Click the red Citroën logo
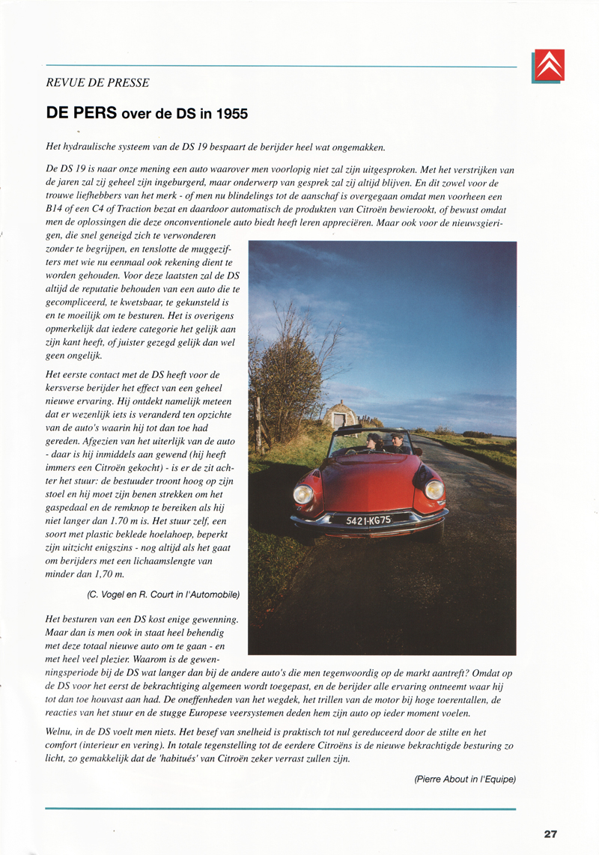tap(549, 65)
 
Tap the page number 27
tap(550, 833)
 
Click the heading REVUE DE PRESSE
tap(97, 83)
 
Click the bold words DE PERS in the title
tap(82, 114)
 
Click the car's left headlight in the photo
tap(303, 494)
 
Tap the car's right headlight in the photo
tap(434, 490)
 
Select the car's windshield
tap(380, 443)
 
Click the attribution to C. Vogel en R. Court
tap(163, 594)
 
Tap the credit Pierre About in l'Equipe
tap(464, 779)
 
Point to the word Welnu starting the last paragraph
tap(60, 733)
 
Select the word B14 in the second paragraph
tap(55, 210)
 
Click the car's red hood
tap(367, 479)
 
